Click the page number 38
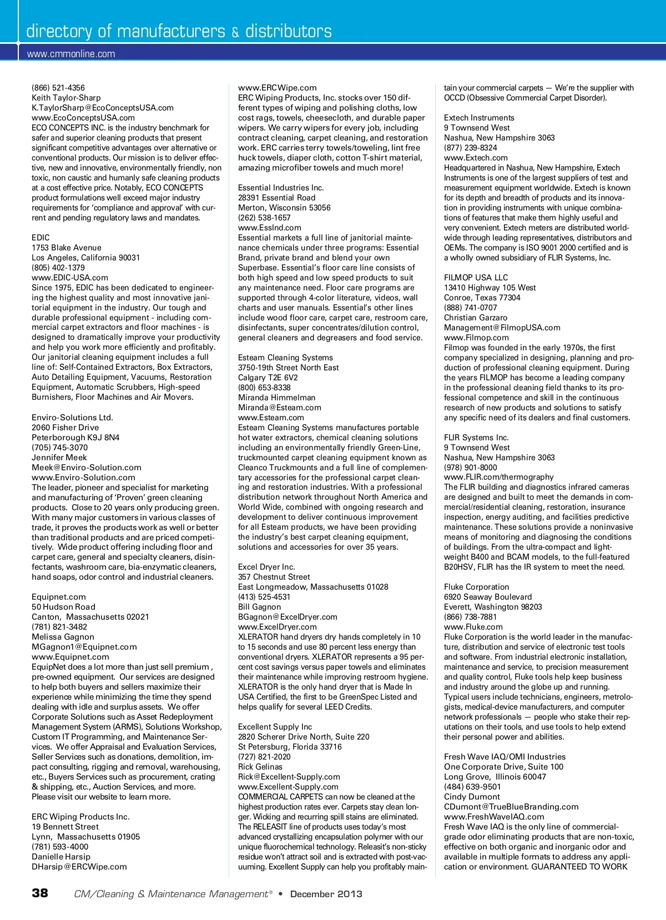[40, 893]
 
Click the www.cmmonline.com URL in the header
[71, 54]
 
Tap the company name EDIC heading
[41, 238]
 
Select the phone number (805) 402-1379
[58, 268]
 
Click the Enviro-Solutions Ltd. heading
[72, 418]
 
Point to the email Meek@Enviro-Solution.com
[87, 467]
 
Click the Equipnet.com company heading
[59, 597]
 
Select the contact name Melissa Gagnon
[63, 637]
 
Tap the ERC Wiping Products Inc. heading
[80, 817]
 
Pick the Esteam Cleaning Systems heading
[285, 358]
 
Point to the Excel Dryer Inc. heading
[266, 567]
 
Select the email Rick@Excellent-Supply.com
[289, 777]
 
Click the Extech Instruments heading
[479, 118]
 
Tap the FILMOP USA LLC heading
[476, 278]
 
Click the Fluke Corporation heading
[476, 587]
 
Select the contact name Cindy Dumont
[472, 797]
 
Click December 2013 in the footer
[326, 894]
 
